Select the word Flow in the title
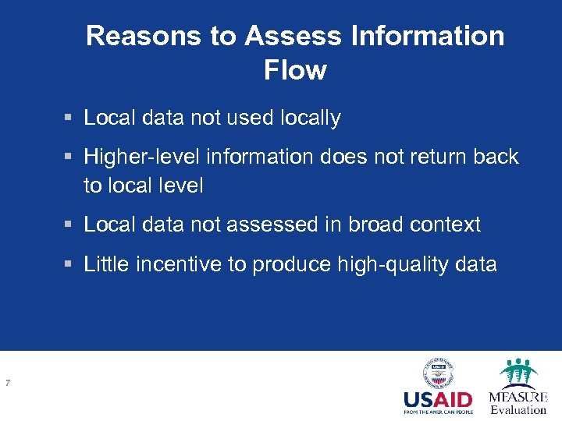[295, 70]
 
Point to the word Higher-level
[142, 157]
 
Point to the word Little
[106, 265]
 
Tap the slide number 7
[7, 383]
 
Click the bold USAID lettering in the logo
[438, 399]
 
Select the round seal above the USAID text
[438, 373]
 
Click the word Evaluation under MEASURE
[518, 410]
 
